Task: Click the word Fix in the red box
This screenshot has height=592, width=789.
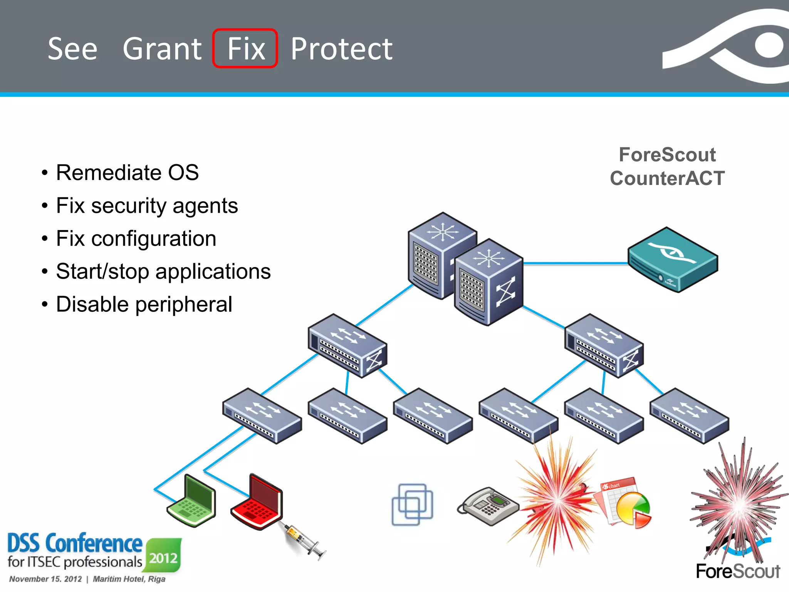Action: [246, 49]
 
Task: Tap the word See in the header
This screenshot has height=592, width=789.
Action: [72, 49]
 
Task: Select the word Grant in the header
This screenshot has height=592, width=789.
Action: [162, 49]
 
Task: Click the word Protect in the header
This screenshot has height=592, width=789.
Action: [341, 49]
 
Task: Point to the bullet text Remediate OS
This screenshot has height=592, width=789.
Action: [127, 172]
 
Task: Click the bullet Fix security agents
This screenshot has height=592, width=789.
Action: [147, 205]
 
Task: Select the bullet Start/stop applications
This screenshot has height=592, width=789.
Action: [163, 271]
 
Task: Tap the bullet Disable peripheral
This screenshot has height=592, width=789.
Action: [144, 304]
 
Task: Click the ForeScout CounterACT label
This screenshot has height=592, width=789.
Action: [667, 166]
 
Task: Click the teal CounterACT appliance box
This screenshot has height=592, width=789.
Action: [673, 259]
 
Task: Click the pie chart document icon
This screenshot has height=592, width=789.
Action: [626, 503]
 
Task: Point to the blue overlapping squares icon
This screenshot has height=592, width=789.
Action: [412, 505]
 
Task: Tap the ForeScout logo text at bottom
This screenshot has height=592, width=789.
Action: [738, 571]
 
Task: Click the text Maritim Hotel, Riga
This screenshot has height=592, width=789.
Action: [129, 579]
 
